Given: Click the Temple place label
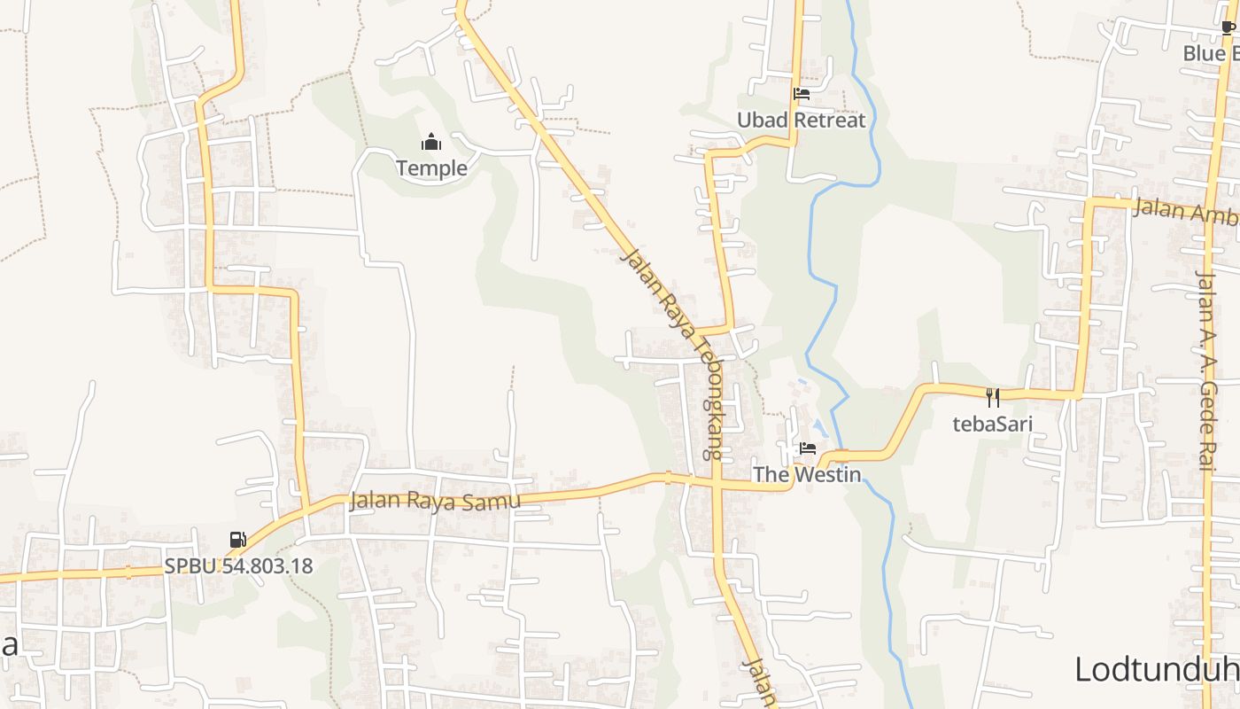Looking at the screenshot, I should tap(431, 168).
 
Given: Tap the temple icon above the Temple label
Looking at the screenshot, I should tap(431, 142).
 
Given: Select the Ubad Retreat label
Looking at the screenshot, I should tap(801, 120).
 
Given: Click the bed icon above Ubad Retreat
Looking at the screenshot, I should tap(802, 94).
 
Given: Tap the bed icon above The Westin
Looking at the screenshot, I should tap(808, 448).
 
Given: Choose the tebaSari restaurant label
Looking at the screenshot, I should tap(992, 424).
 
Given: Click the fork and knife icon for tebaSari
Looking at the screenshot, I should tap(993, 398).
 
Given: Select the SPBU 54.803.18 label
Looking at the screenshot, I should tap(238, 565).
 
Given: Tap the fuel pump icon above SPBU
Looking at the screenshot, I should tap(237, 539).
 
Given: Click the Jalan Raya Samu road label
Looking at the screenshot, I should tap(434, 501).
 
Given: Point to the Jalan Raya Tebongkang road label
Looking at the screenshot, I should tap(672, 354).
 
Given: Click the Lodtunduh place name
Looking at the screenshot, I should tap(1156, 669).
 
